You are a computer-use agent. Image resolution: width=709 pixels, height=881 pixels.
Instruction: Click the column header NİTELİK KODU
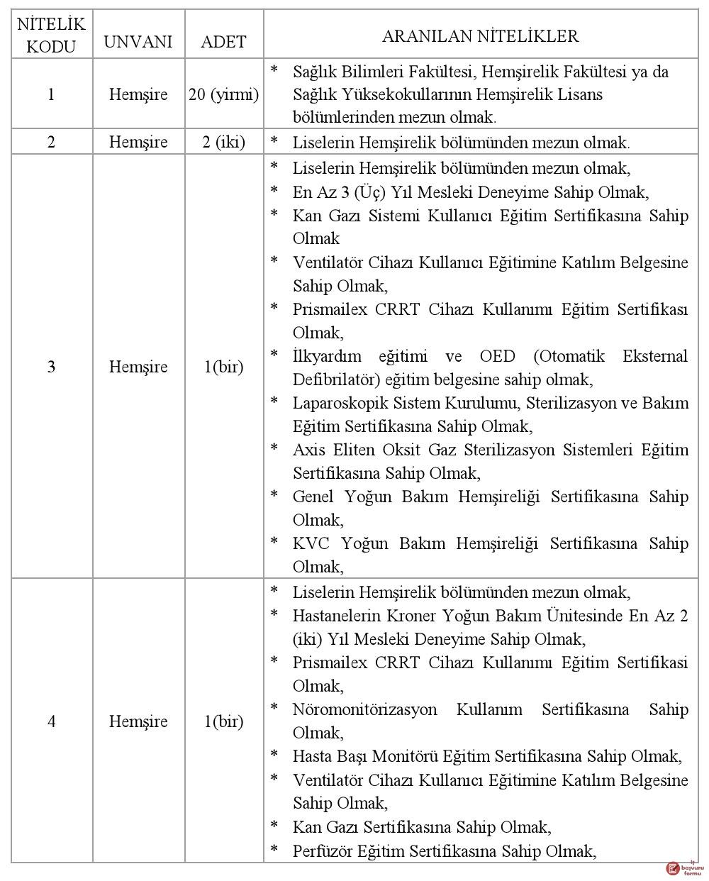(x=51, y=35)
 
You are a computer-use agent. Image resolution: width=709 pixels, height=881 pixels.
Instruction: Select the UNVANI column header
(x=138, y=41)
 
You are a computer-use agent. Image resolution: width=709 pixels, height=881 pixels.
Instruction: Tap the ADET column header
(x=223, y=41)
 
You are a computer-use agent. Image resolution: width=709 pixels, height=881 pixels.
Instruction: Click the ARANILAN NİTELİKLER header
(x=480, y=36)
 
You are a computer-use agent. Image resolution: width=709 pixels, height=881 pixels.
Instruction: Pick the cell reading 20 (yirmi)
(x=223, y=94)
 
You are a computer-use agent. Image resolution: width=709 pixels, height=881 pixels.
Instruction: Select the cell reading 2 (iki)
(x=223, y=142)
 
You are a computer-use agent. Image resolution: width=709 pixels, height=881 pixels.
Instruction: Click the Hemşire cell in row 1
(x=138, y=94)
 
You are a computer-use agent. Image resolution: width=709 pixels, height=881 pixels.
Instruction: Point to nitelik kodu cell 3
(x=51, y=367)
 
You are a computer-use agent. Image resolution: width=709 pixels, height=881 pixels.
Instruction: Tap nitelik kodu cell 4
(x=51, y=721)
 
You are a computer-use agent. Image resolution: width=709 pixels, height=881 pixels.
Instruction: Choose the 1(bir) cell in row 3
(x=223, y=367)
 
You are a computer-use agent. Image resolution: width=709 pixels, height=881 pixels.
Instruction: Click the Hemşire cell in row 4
(x=138, y=721)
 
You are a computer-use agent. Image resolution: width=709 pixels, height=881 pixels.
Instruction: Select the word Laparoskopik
(x=337, y=403)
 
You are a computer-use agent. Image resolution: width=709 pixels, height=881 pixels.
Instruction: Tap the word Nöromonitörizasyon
(x=364, y=709)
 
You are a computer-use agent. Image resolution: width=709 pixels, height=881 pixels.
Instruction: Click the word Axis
(x=309, y=450)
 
